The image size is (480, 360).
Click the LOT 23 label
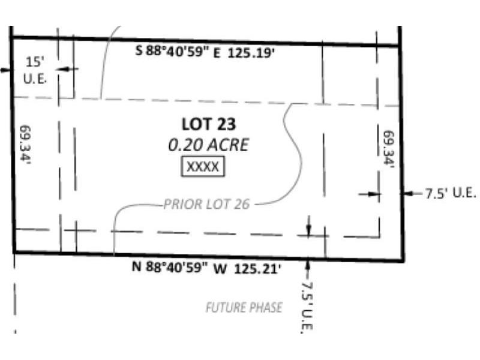[209, 124]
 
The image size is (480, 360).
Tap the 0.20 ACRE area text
[208, 145]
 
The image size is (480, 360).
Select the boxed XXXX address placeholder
[203, 167]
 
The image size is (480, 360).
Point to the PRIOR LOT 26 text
[206, 204]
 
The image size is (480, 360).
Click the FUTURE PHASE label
[244, 307]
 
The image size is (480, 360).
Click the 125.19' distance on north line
[251, 53]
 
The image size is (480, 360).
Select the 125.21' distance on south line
[257, 269]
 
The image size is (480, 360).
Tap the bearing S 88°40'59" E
[178, 51]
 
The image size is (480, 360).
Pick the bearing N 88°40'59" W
[179, 267]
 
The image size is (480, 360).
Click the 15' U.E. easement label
[35, 70]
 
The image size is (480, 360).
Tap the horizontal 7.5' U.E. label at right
[451, 193]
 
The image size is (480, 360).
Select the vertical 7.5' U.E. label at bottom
[307, 307]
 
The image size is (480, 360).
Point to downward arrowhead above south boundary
[308, 230]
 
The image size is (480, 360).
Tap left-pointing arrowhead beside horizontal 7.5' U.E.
[407, 193]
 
